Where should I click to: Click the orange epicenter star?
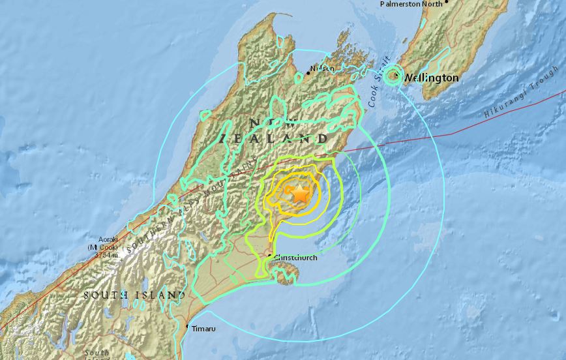tap(299, 194)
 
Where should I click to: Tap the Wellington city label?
tap(430, 78)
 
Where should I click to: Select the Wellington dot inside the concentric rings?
tap(393, 76)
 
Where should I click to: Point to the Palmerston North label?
tap(411, 4)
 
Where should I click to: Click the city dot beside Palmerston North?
tap(447, 4)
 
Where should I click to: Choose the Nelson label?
tap(322, 68)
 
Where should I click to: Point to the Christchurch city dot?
tap(270, 255)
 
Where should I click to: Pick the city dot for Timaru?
tap(187, 327)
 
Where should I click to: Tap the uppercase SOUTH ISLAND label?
tap(134, 295)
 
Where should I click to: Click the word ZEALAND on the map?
tap(274, 138)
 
